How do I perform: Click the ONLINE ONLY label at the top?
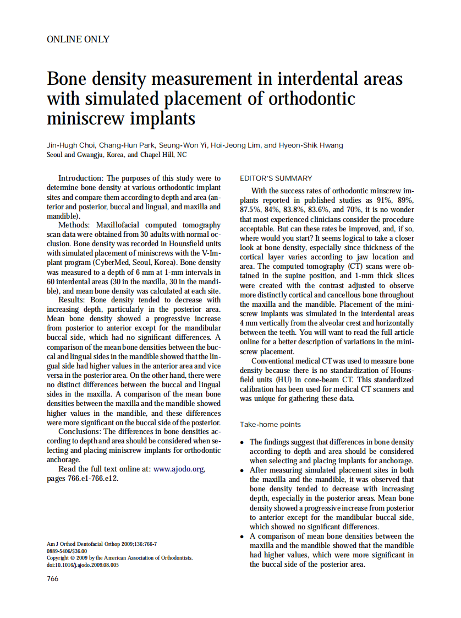78,39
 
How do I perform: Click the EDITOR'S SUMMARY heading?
276,178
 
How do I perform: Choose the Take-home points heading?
271,425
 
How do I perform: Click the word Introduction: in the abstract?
81,178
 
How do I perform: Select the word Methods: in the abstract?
75,225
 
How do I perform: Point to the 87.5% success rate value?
250,210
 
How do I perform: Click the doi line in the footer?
83,565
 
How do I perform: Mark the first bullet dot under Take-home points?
243,442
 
